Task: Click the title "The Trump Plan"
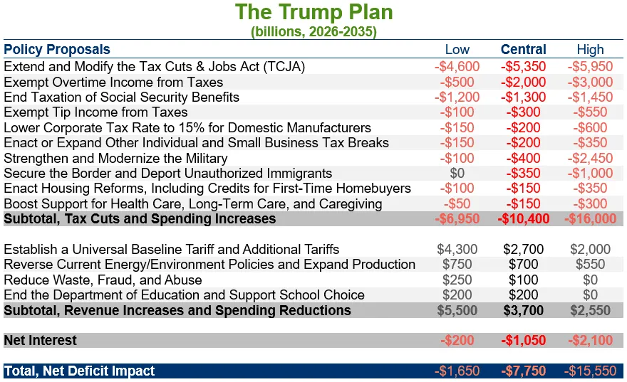pyautogui.click(x=314, y=12)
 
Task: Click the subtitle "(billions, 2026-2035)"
pyautogui.click(x=314, y=31)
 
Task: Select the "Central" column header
pyautogui.click(x=524, y=50)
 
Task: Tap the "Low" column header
pyautogui.click(x=457, y=50)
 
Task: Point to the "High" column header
pyautogui.click(x=590, y=50)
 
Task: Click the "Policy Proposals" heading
pyautogui.click(x=57, y=50)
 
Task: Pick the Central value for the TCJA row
pyautogui.click(x=524, y=67)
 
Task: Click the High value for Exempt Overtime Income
pyautogui.click(x=590, y=83)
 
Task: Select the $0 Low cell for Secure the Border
pyautogui.click(x=457, y=174)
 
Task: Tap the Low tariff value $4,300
pyautogui.click(x=457, y=250)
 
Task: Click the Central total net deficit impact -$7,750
pyautogui.click(x=524, y=371)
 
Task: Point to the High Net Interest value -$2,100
pyautogui.click(x=590, y=341)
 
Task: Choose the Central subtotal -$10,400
pyautogui.click(x=524, y=218)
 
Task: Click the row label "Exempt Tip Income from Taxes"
pyautogui.click(x=95, y=112)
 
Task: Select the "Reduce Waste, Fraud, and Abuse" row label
pyautogui.click(x=103, y=280)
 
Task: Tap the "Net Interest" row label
pyautogui.click(x=40, y=341)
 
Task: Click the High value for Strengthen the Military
pyautogui.click(x=590, y=158)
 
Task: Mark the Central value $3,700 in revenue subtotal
pyautogui.click(x=524, y=311)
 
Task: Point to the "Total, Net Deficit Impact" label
pyautogui.click(x=79, y=371)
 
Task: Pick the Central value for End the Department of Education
pyautogui.click(x=524, y=295)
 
